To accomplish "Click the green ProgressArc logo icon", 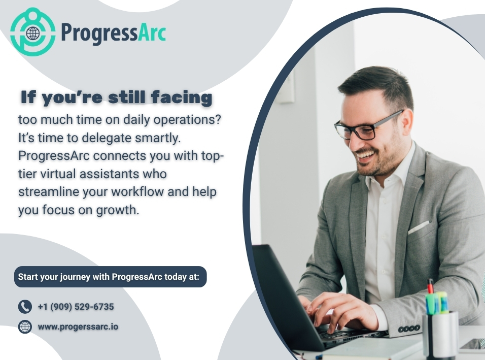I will coord(33,31).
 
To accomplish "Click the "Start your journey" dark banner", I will coord(110,277).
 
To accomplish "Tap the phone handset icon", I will coord(25,307).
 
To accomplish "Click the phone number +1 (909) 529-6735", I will coord(76,307).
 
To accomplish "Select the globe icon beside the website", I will coord(25,326).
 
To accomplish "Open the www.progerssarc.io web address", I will coord(78,326).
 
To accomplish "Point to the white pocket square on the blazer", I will coord(419,227).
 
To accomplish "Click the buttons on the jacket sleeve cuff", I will coord(408,329).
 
